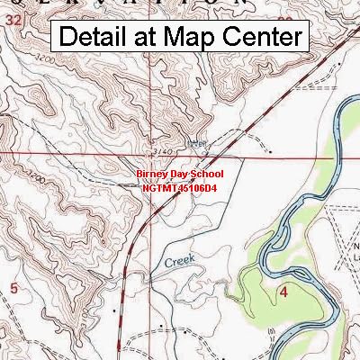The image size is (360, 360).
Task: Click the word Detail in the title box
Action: [94, 37]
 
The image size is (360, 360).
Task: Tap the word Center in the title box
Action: [261, 37]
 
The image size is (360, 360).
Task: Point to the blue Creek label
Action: [179, 261]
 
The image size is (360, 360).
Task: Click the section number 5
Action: [13, 286]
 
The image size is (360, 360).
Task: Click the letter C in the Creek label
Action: [167, 264]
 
